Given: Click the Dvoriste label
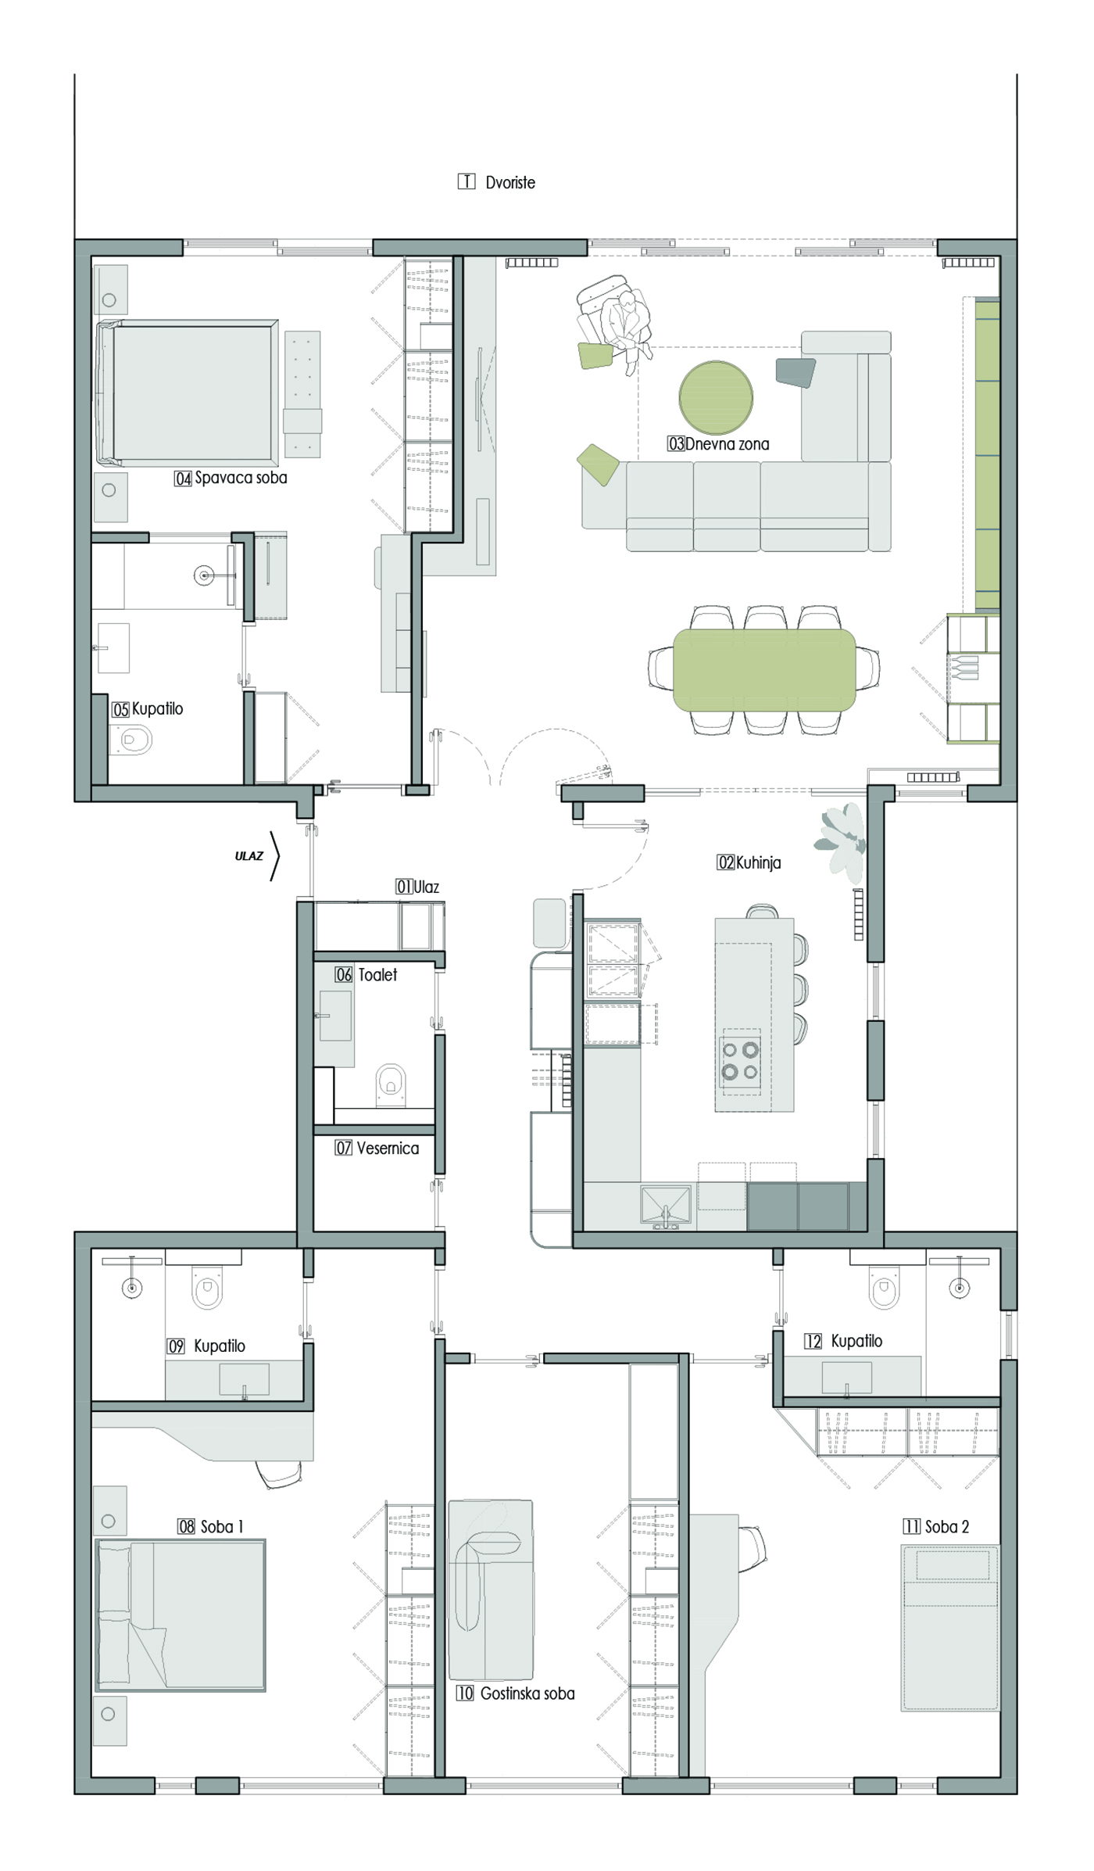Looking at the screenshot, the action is click(510, 183).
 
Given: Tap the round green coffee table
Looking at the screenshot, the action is click(716, 397).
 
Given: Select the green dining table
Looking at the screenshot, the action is click(764, 670).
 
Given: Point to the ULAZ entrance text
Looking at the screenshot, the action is click(249, 856).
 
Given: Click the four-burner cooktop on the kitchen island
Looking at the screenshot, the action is click(740, 1061).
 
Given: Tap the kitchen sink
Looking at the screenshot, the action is click(666, 1205).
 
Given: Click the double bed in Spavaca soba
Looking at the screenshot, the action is click(188, 392).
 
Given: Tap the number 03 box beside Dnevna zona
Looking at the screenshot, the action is click(676, 444).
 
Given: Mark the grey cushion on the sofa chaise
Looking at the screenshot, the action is click(795, 371).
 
